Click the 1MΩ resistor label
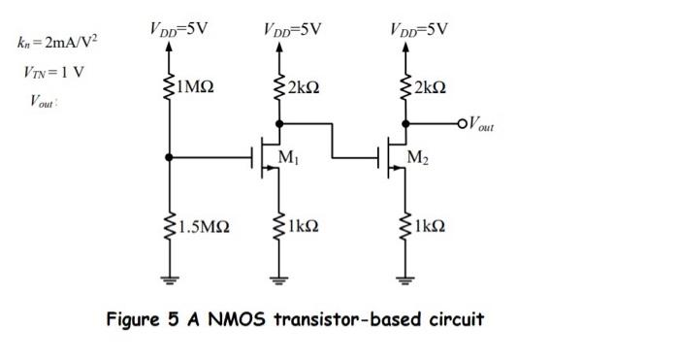pyautogui.click(x=194, y=88)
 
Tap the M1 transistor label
pyautogui.click(x=289, y=157)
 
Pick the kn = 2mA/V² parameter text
pyautogui.click(x=57, y=44)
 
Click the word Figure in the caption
pyautogui.click(x=137, y=319)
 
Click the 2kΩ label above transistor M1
pyautogui.click(x=304, y=88)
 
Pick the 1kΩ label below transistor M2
pyautogui.click(x=428, y=229)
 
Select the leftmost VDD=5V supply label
pyautogui.click(x=178, y=28)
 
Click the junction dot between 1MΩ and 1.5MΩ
pyautogui.click(x=170, y=155)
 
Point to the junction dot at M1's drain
pyautogui.click(x=279, y=123)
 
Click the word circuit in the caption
pyautogui.click(x=452, y=319)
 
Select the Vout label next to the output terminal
pyautogui.click(x=481, y=124)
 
